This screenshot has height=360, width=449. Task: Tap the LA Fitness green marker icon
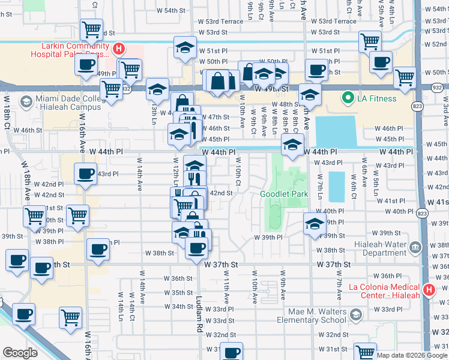coord(347,98)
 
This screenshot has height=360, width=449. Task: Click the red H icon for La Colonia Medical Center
coord(429,290)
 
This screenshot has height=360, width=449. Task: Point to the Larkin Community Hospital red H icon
coord(119,49)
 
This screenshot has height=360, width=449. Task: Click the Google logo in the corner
coord(20,353)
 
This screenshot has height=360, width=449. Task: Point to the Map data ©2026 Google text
coord(411,355)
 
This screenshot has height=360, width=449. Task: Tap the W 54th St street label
coord(170,11)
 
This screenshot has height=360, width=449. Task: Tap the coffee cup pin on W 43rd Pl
coord(86,175)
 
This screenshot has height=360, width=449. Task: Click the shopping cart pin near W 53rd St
coord(91,30)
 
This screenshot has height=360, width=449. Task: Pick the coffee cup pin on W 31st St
coord(232,352)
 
